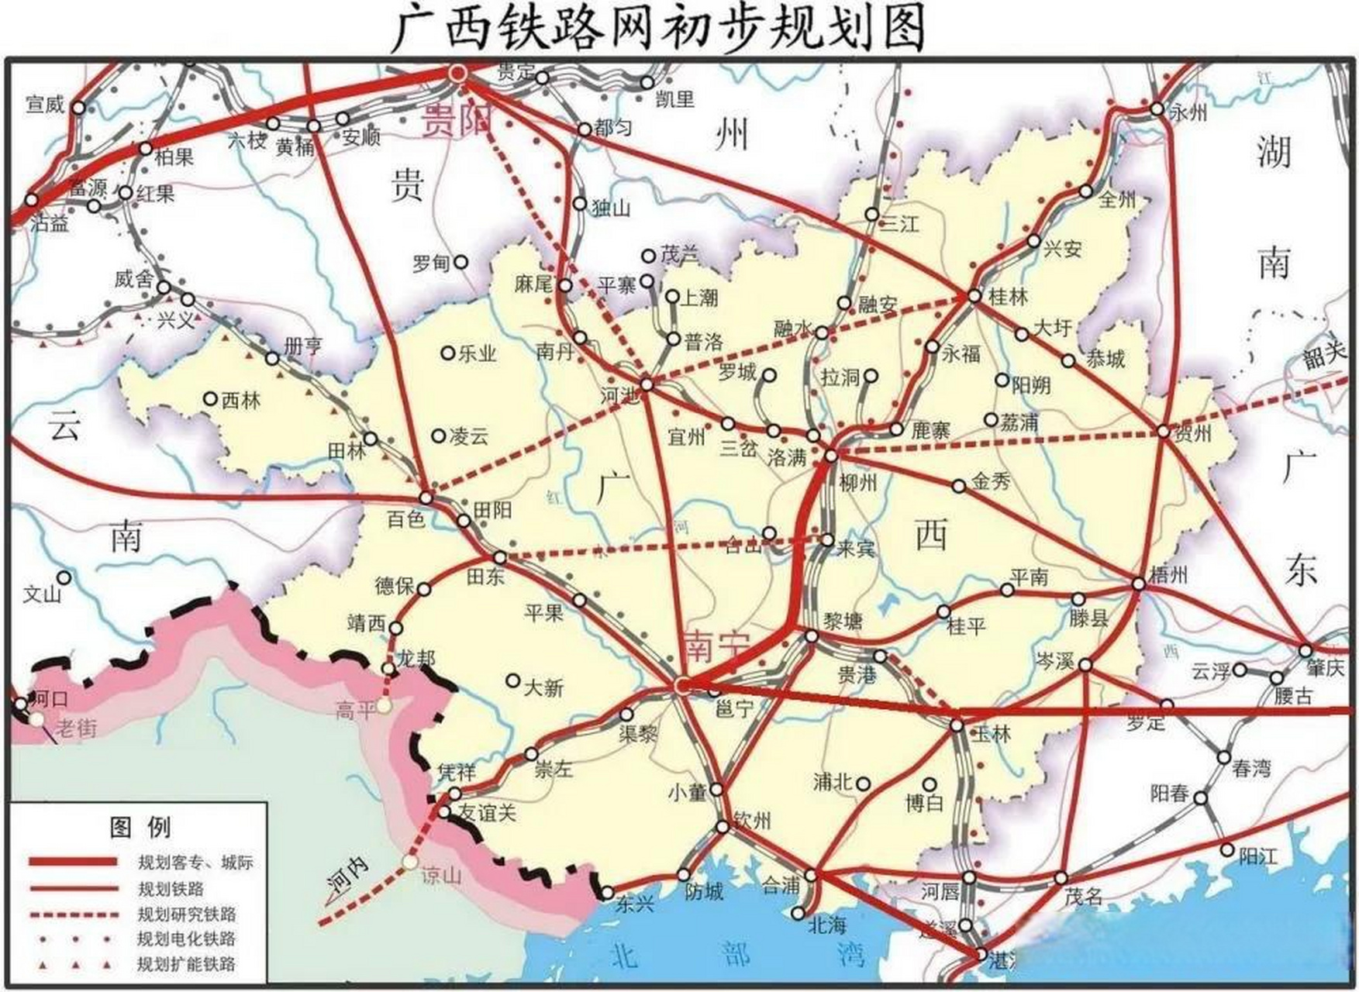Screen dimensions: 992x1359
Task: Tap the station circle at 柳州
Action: [x=830, y=456]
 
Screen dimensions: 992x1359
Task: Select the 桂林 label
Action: [x=1009, y=296]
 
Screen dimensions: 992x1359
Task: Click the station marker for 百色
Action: [x=426, y=497]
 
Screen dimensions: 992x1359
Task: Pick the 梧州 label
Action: [x=1168, y=574]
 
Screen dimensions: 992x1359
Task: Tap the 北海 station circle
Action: [x=798, y=914]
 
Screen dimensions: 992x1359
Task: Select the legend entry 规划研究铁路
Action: [x=186, y=914]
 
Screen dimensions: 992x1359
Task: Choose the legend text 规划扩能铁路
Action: [x=186, y=964]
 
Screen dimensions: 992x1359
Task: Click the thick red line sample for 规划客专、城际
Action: [x=73, y=862]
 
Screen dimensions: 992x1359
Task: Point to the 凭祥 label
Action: [x=455, y=772]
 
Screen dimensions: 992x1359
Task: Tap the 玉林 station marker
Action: [x=957, y=725]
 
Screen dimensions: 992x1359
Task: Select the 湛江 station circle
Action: [x=981, y=954]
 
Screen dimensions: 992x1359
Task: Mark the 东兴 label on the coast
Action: [x=635, y=904]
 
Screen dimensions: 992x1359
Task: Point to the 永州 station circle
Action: [x=1156, y=109]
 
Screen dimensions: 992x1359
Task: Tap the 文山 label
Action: [x=42, y=594]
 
